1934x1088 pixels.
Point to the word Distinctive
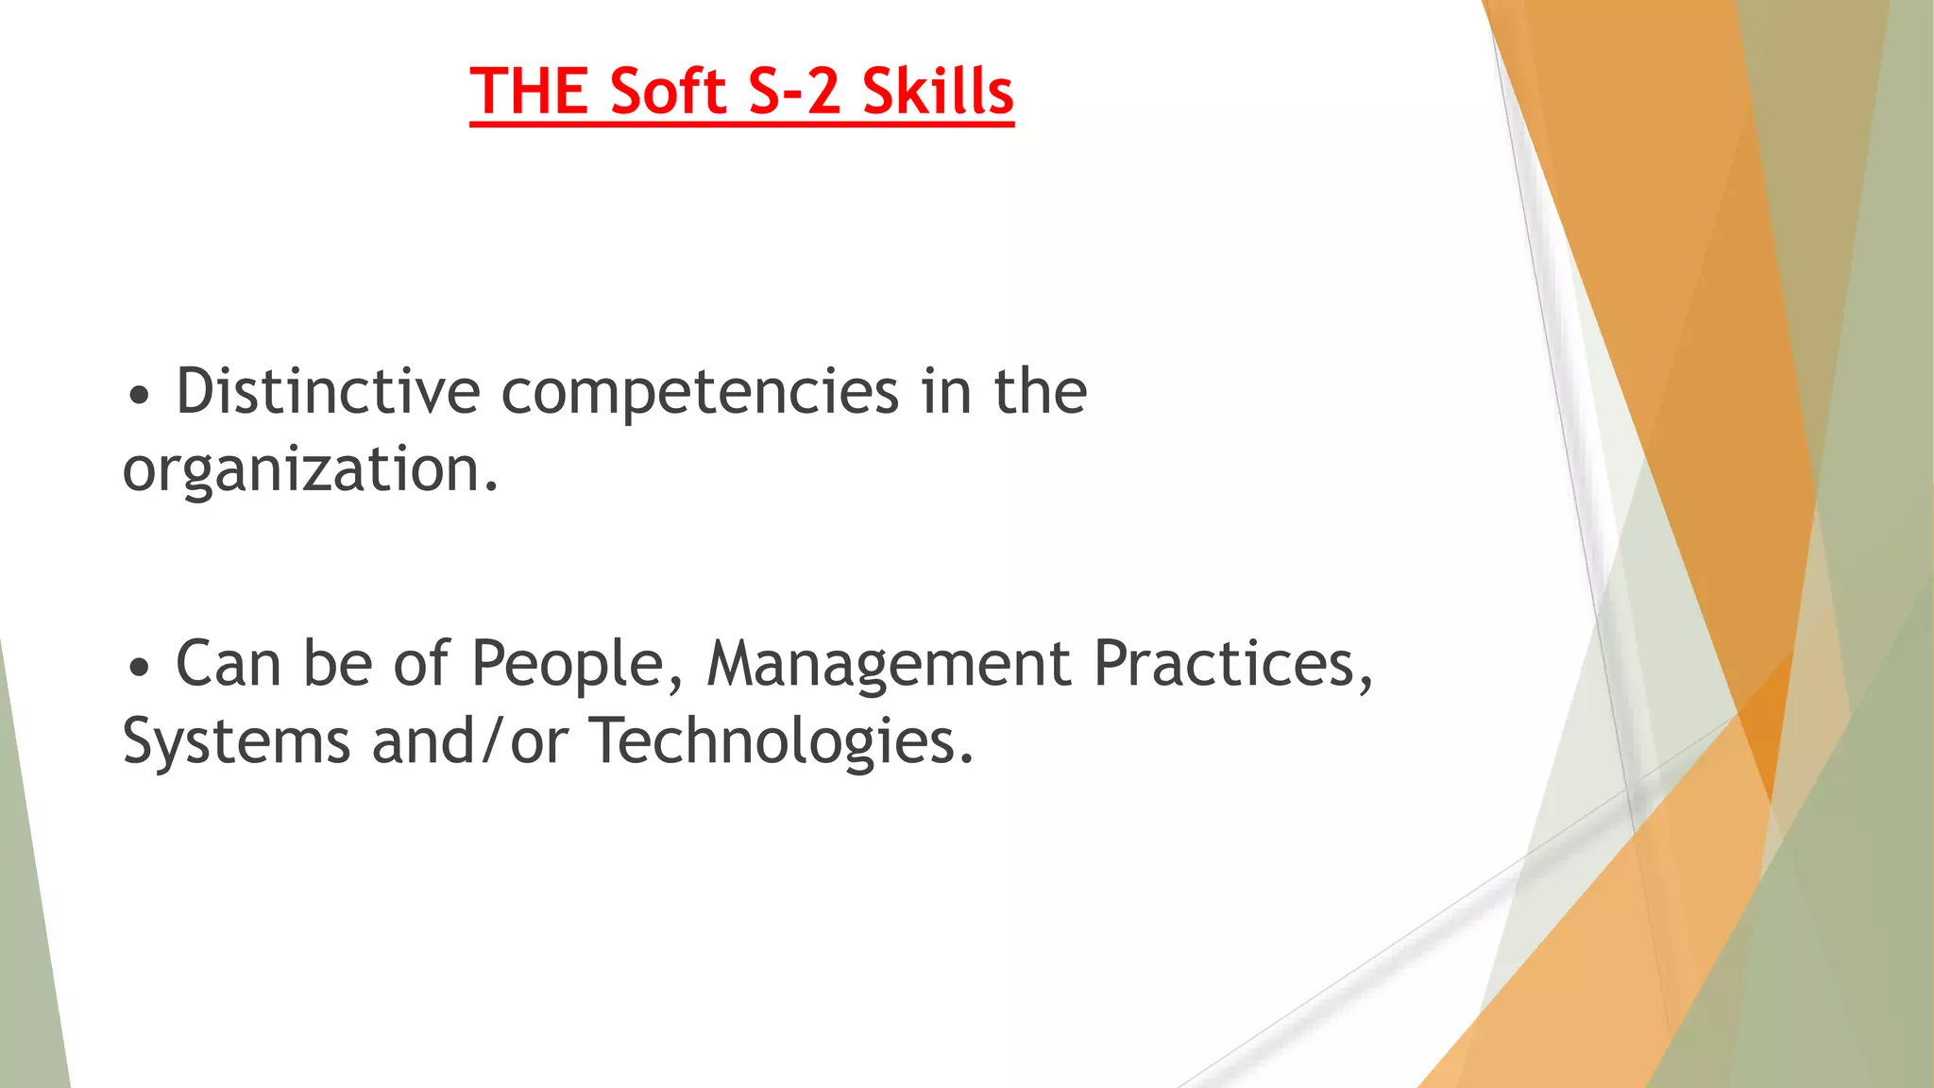click(328, 391)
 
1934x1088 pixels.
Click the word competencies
click(700, 393)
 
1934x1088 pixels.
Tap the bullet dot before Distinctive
click(139, 397)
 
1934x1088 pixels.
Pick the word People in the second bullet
click(568, 665)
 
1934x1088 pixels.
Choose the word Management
click(889, 665)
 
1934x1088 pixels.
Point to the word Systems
click(236, 742)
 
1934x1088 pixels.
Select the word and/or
click(470, 742)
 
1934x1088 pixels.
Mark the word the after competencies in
click(1040, 391)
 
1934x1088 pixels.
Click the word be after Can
click(337, 663)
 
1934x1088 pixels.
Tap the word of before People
click(420, 663)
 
